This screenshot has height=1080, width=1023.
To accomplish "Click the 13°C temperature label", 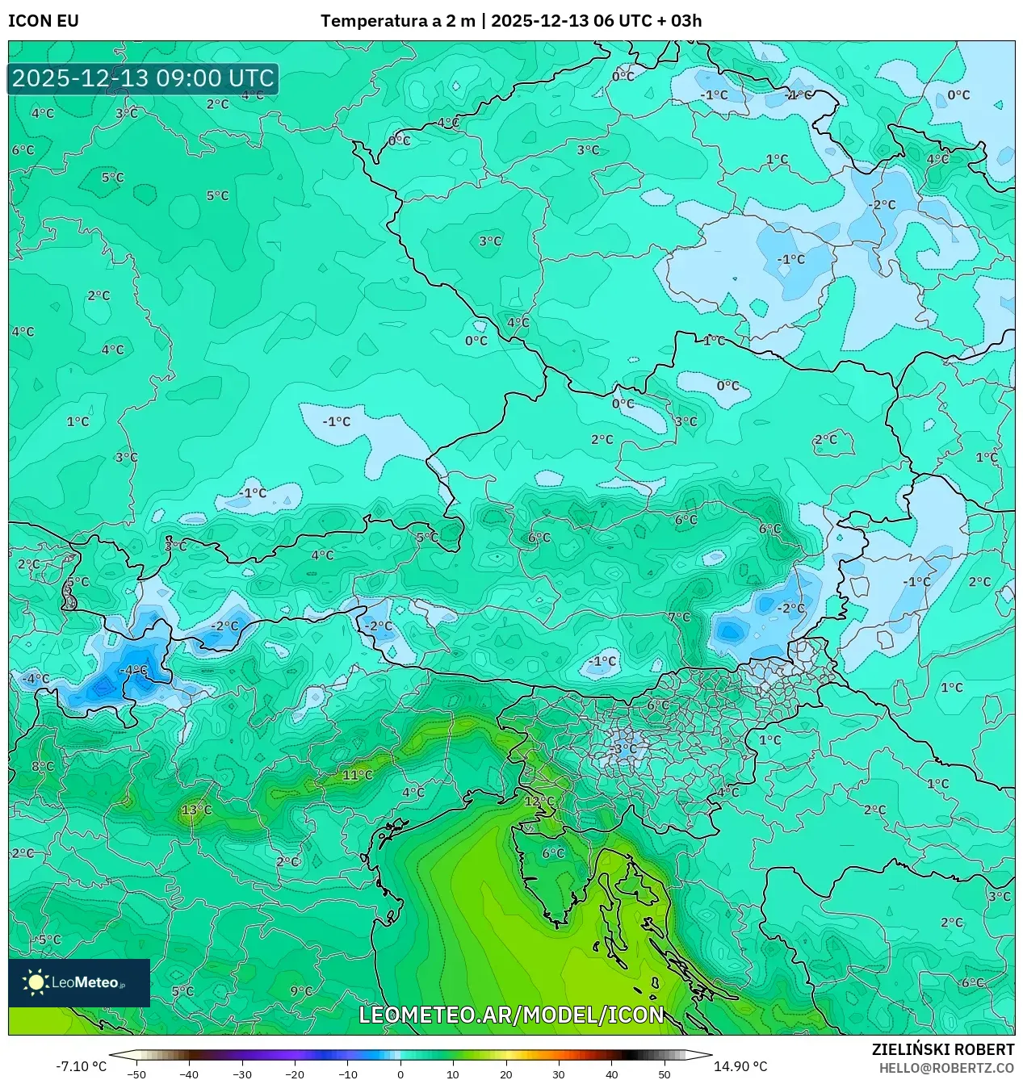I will click(197, 810).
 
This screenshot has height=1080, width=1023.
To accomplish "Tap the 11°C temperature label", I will click(358, 775).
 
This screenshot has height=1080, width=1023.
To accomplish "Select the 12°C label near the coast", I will click(539, 802).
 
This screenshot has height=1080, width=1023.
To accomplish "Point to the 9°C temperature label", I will click(301, 991).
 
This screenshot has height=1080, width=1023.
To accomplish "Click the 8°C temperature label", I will click(43, 766).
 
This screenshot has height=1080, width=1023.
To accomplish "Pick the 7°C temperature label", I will click(679, 617).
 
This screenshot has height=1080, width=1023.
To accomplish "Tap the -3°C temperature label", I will click(623, 748).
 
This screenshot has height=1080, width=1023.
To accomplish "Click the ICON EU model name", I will click(44, 21).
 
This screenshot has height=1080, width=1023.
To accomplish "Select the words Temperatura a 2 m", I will click(397, 21).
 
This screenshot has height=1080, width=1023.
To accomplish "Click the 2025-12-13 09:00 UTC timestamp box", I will click(143, 78).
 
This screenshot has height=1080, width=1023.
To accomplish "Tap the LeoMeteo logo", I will click(79, 982).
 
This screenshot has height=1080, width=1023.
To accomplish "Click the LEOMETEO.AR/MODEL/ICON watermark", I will click(511, 1015).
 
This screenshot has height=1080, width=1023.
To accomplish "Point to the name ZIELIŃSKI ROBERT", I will click(943, 1049).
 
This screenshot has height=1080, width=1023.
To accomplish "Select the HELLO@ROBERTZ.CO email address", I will click(946, 1068).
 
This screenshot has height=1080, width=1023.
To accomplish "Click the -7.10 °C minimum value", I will click(81, 1066).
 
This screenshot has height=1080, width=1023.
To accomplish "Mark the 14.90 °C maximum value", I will click(740, 1066).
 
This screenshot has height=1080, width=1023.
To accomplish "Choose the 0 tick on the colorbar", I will click(400, 1074).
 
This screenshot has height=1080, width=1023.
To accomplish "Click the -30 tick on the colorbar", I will click(242, 1074).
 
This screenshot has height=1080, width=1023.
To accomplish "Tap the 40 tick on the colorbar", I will click(611, 1074).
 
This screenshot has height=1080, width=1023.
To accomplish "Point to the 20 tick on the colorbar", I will click(505, 1074).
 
